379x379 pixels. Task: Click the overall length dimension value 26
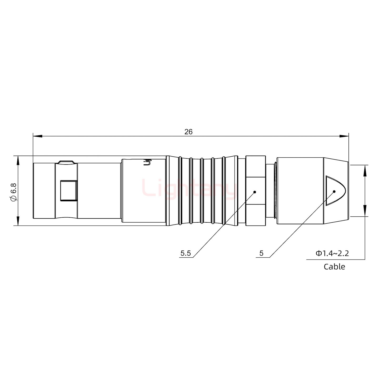click(188, 132)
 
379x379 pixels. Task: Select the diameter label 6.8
click(13, 191)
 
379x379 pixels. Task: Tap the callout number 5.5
click(186, 253)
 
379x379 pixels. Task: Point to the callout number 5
click(261, 253)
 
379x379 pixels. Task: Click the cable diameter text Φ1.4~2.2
click(332, 253)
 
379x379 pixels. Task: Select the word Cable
click(334, 267)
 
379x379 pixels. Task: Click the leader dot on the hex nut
click(255, 192)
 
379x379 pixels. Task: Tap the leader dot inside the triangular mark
click(334, 191)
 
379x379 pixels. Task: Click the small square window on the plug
click(69, 191)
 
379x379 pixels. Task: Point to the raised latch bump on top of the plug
click(66, 162)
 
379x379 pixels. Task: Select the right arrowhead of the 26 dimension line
click(344, 136)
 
